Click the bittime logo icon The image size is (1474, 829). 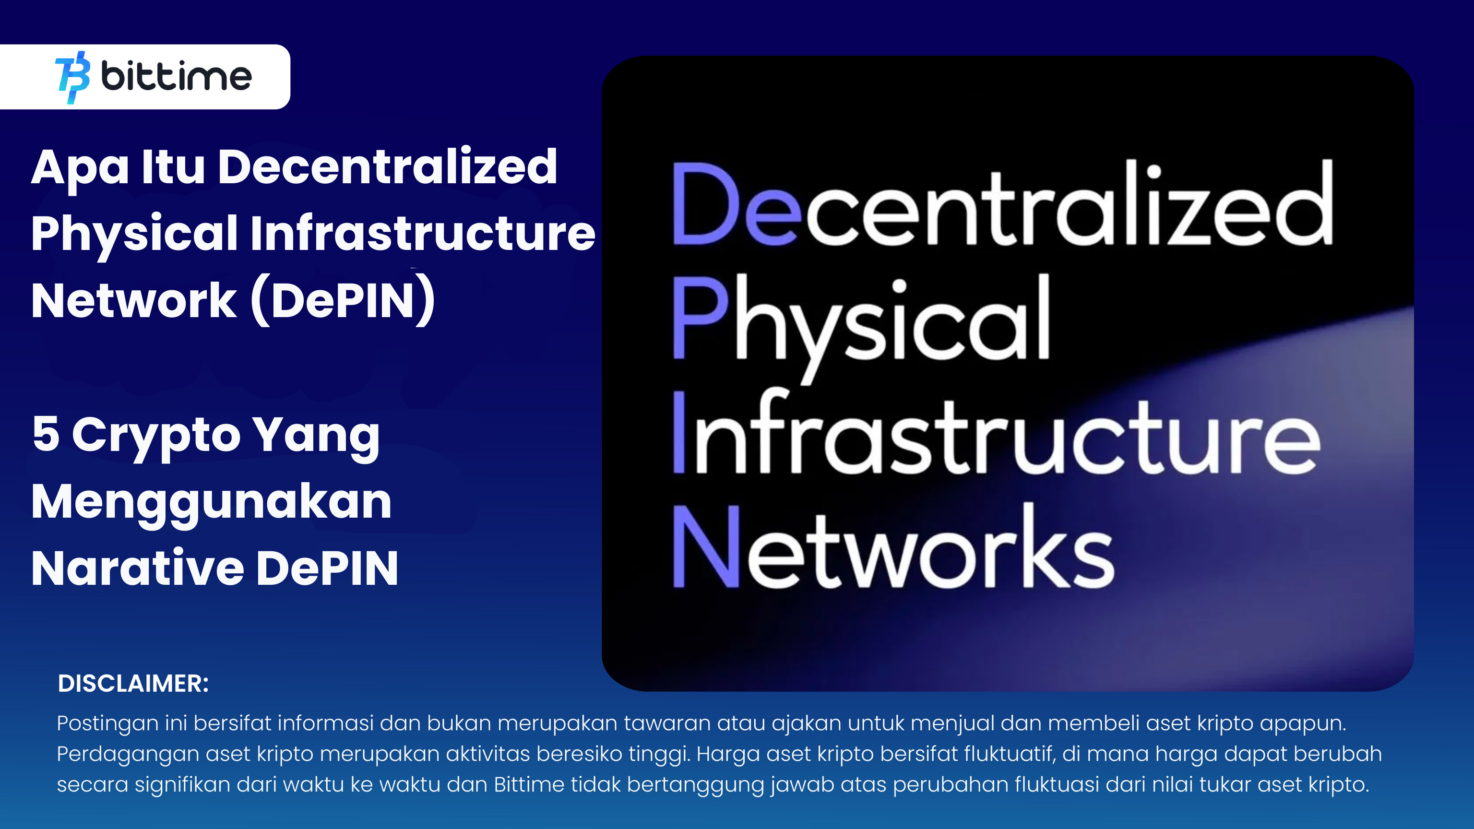coord(72,77)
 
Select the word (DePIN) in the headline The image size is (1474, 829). coord(344,300)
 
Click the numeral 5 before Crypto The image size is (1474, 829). coord(46,434)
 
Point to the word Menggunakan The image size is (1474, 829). coord(212,502)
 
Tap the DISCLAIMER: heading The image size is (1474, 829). coord(133,684)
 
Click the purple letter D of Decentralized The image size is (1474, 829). coord(705,204)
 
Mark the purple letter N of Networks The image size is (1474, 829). coord(706,546)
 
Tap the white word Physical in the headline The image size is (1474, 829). coord(134,234)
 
